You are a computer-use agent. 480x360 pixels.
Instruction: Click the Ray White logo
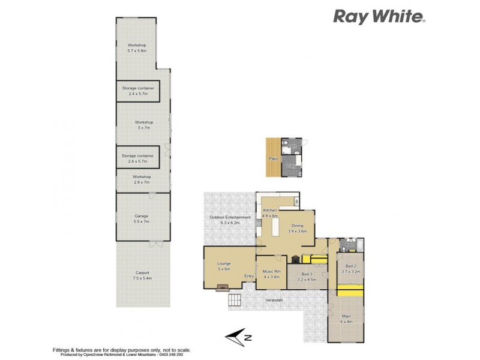pyautogui.click(x=379, y=16)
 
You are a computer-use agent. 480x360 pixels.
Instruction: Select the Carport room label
pyautogui.click(x=142, y=276)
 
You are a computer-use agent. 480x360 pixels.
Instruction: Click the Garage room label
pyautogui.click(x=142, y=219)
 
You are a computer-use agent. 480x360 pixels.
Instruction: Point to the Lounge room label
pyautogui.click(x=224, y=266)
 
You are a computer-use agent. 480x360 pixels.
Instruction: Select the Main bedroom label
pyautogui.click(x=346, y=319)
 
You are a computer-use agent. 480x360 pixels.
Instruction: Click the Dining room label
pyautogui.click(x=297, y=228)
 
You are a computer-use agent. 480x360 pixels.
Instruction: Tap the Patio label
pyautogui.click(x=274, y=158)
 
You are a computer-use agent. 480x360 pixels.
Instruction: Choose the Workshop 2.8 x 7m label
pyautogui.click(x=142, y=179)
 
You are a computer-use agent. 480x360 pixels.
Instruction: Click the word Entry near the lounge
pyautogui.click(x=249, y=276)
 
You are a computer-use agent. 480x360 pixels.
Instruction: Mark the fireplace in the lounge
pyautogui.click(x=223, y=287)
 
